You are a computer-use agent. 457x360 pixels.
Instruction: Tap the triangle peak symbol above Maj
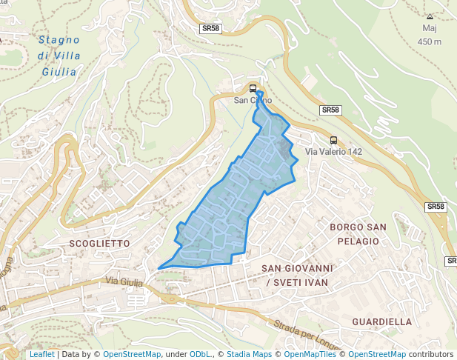(x=430, y=16)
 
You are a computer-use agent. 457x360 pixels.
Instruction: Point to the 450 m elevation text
(x=430, y=41)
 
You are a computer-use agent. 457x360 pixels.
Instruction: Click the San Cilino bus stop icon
(x=253, y=88)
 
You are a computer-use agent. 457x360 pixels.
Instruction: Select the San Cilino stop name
(x=253, y=100)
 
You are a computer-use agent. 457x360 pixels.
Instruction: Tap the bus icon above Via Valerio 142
(x=334, y=140)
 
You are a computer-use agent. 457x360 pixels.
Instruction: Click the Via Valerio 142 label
(x=335, y=152)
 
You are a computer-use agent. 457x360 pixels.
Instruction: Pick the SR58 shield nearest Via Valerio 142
(x=330, y=110)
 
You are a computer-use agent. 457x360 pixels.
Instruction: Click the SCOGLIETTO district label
(x=99, y=243)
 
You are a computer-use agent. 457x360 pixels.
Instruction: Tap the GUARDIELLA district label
(x=381, y=321)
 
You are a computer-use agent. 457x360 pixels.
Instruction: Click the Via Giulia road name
(x=121, y=281)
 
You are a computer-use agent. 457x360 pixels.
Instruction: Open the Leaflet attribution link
(x=41, y=354)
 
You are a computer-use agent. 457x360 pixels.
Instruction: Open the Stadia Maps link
(x=249, y=354)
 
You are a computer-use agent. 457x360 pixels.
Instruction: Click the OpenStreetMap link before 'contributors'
(x=376, y=354)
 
